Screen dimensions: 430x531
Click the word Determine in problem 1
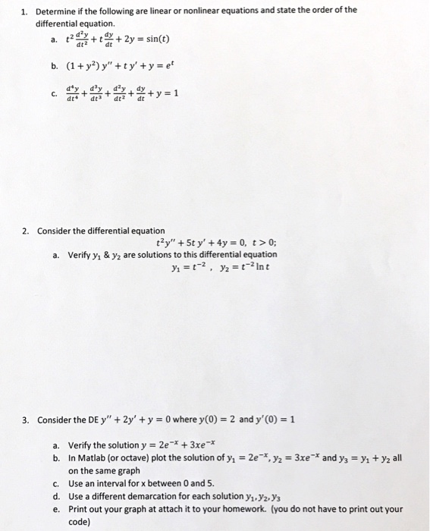click(x=56, y=11)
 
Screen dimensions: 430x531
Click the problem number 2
click(x=24, y=230)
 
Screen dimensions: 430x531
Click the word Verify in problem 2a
click(x=80, y=255)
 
